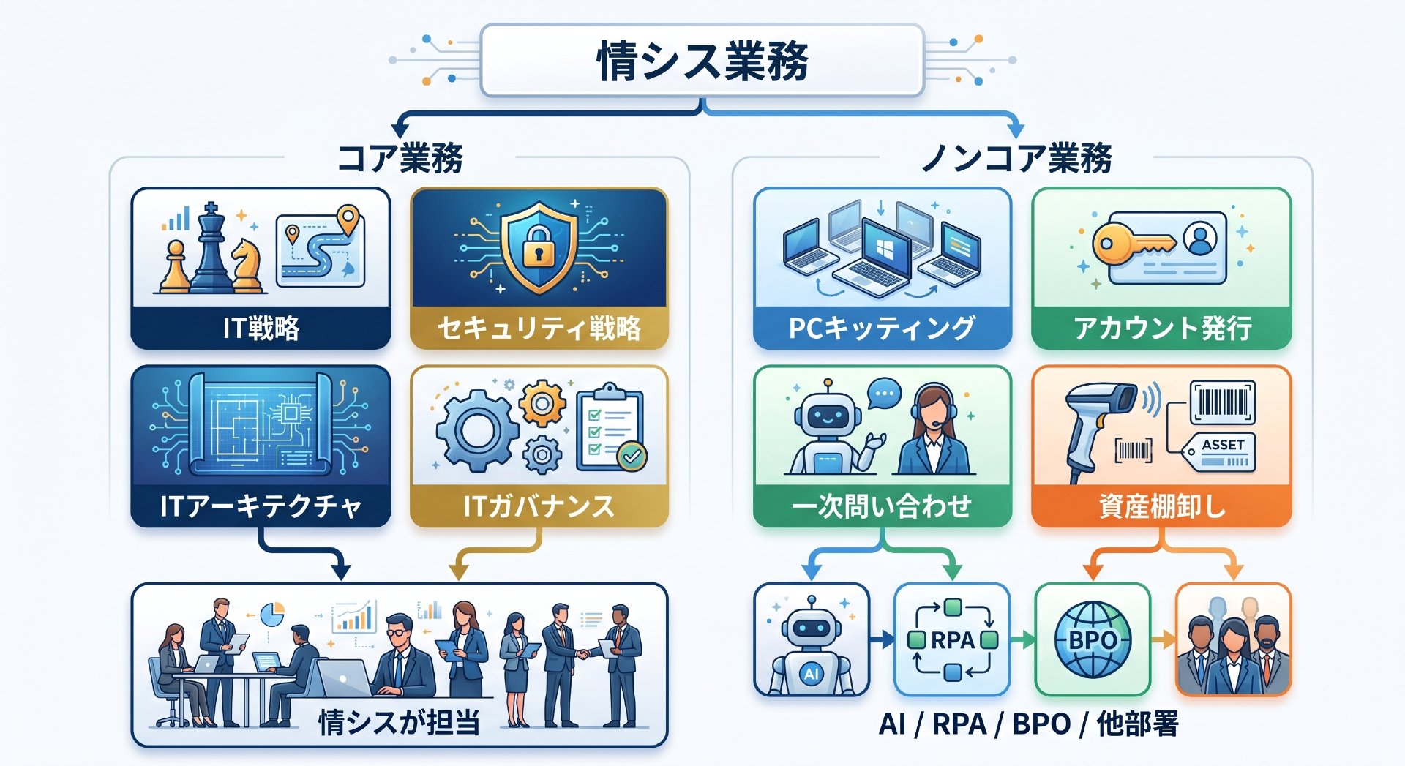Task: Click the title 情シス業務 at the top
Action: tap(702, 61)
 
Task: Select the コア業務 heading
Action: tap(400, 158)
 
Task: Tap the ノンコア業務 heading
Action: tap(1016, 158)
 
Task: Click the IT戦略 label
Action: tap(261, 328)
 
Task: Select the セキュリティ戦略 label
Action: tap(539, 328)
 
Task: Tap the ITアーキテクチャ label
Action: tap(261, 506)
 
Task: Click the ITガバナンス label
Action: tap(539, 506)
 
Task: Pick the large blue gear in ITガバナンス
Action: tap(476, 431)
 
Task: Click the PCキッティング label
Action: tap(882, 328)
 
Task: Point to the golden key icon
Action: tap(1134, 244)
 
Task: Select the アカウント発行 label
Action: tap(1162, 328)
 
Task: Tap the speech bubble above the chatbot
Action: tap(884, 394)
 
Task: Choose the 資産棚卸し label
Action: tap(1162, 506)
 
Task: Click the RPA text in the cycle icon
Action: tap(952, 640)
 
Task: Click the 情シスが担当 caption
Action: tap(400, 723)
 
